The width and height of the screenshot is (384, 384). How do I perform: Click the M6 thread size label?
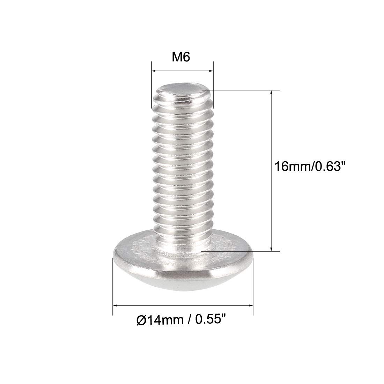[x=181, y=57]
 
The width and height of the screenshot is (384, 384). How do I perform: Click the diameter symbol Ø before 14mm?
[x=141, y=320]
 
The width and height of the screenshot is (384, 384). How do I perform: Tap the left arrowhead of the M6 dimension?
[x=155, y=71]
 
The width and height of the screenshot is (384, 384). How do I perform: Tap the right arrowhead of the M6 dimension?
[x=211, y=71]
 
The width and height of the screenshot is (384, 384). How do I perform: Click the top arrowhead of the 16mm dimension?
[x=271, y=93]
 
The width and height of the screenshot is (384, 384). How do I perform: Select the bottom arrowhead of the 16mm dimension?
[x=271, y=248]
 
